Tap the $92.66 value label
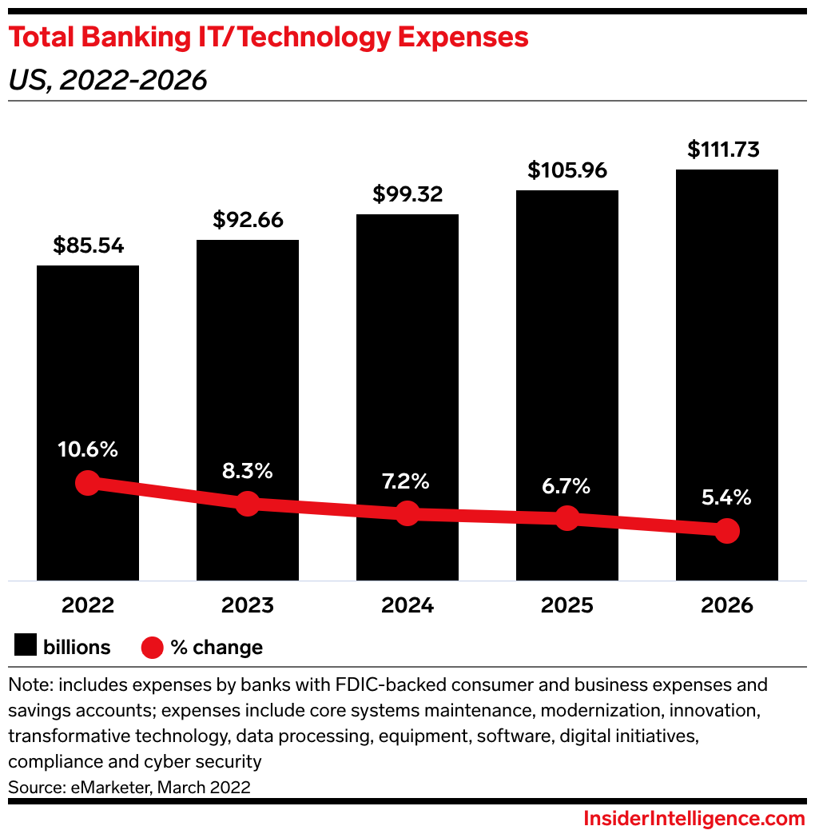(248, 220)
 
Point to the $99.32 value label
(407, 194)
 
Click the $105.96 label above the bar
(567, 170)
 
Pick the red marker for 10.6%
(88, 483)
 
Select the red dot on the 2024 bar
(407, 513)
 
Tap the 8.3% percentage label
(248, 471)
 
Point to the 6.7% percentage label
(567, 485)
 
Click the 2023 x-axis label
(248, 605)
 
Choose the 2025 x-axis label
(567, 605)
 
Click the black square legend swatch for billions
(26, 647)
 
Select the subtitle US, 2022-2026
(108, 80)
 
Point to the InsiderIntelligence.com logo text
(694, 819)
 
